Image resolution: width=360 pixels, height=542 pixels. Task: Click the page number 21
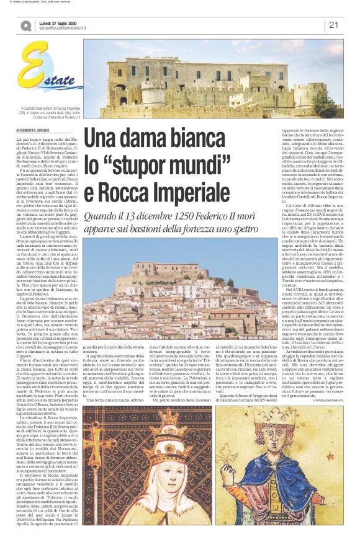[x=333, y=25]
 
